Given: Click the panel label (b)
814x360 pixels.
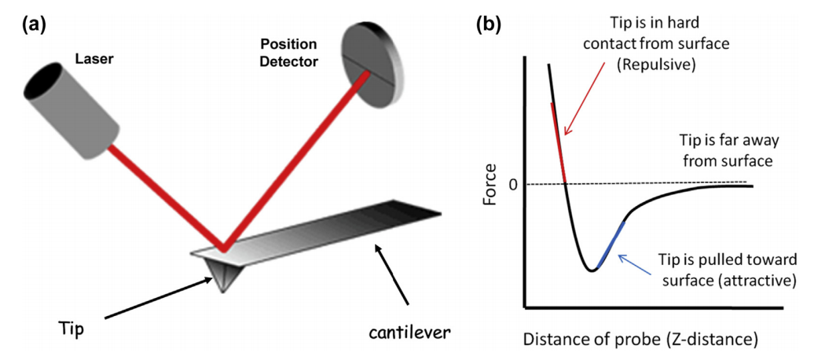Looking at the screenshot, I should point(490,23).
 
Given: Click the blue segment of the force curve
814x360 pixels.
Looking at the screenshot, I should point(611,244).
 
